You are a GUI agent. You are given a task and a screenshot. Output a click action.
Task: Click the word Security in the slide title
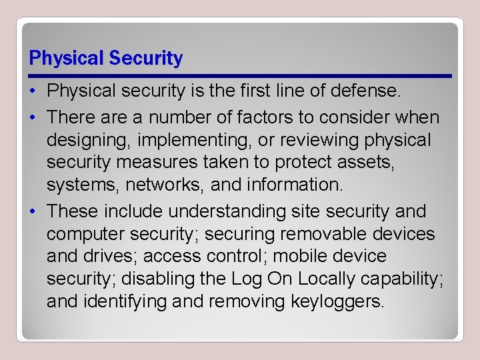tap(145, 59)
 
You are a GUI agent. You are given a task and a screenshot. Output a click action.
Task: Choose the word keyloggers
tap(338, 302)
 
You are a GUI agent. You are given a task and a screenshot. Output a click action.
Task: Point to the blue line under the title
tap(240, 75)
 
